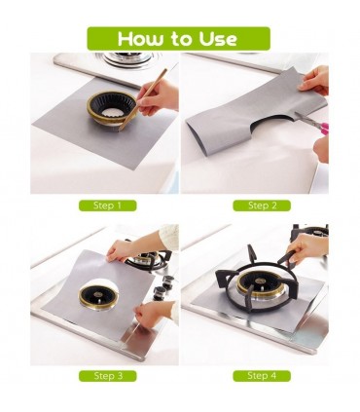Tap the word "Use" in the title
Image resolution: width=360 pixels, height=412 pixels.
click(218, 39)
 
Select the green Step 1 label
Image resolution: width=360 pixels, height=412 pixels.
click(107, 206)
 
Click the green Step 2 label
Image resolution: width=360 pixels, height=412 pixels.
click(262, 206)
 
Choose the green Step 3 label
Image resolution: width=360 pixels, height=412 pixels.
click(108, 376)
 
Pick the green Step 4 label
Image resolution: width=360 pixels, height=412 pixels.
click(262, 376)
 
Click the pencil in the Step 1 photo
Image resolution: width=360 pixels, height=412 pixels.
click(143, 99)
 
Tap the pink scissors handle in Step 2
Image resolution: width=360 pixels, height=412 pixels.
click(322, 129)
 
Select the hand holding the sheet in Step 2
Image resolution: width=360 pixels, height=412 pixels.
click(313, 80)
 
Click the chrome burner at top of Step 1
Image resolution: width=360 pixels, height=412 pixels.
click(128, 58)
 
